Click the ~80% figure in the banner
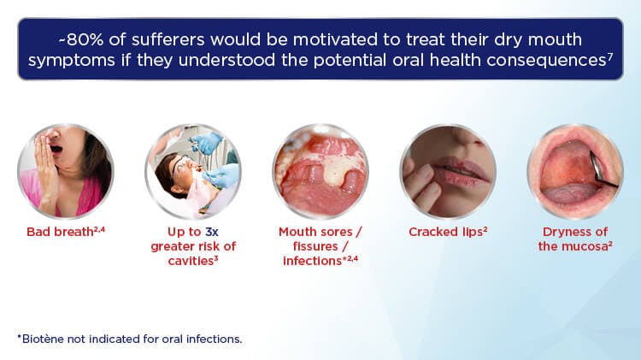click(x=81, y=39)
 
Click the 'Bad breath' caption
click(x=66, y=232)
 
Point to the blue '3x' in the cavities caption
click(x=212, y=232)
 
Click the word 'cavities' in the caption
click(x=191, y=261)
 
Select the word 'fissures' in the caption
click(x=315, y=246)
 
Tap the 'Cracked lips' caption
click(x=448, y=232)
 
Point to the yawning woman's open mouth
click(x=56, y=149)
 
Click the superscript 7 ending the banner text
click(x=610, y=56)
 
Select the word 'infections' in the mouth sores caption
click(x=312, y=261)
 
